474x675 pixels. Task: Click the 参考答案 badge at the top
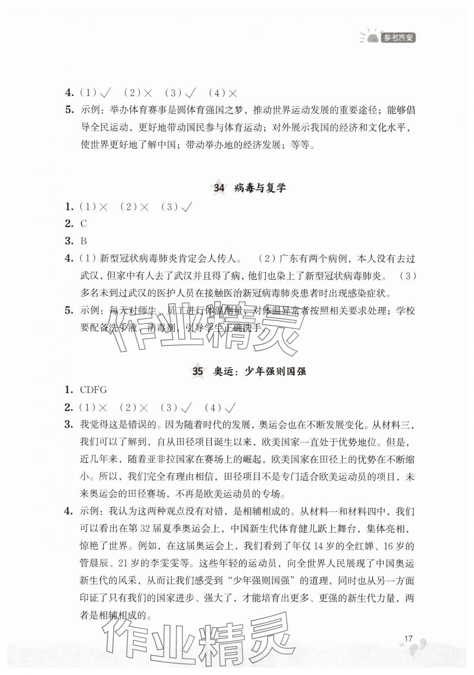click(398, 38)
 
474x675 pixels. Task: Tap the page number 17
click(408, 638)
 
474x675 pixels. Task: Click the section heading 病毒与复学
click(260, 188)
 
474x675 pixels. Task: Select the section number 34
click(219, 188)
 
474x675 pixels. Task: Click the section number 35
click(198, 371)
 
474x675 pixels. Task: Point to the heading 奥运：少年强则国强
click(259, 371)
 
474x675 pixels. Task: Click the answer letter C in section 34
click(84, 224)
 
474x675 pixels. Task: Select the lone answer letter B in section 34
click(84, 241)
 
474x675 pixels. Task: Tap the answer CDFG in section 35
click(93, 390)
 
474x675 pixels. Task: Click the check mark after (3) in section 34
click(187, 207)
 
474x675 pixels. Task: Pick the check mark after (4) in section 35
click(230, 408)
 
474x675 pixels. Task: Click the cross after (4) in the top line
click(232, 93)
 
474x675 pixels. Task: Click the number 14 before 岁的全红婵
click(320, 546)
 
